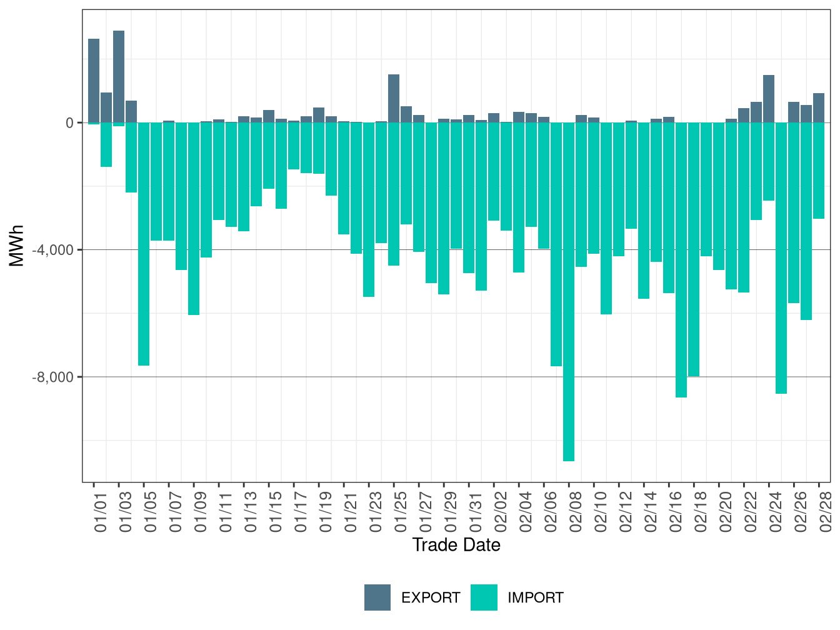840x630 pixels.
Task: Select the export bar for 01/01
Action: pos(94,81)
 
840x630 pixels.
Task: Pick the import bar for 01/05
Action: pos(144,244)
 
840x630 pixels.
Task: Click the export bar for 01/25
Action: pos(394,98)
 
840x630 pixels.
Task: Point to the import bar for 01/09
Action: pos(194,219)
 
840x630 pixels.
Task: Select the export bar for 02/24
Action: pos(769,99)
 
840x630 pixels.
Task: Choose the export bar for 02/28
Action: pos(819,107)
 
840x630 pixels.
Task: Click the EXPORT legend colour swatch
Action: pos(377,597)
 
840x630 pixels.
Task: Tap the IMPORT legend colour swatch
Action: pos(484,597)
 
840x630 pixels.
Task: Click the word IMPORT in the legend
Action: pos(536,598)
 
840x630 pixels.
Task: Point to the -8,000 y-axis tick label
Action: pos(54,377)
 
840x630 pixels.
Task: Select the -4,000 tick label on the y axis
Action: pos(54,250)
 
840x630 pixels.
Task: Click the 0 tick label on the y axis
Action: pos(69,123)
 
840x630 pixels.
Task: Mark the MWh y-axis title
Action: pos(17,246)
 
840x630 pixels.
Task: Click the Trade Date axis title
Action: pos(456,545)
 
